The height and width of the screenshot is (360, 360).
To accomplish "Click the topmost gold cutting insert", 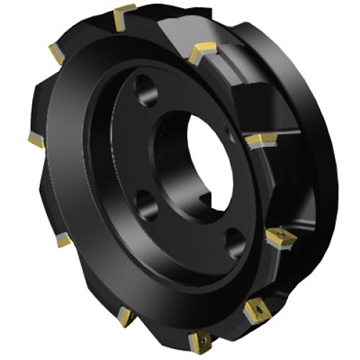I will (124, 16).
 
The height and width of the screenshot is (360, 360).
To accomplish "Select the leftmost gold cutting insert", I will (36, 140).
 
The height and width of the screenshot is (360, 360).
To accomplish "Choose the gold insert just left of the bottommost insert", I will (126, 317).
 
